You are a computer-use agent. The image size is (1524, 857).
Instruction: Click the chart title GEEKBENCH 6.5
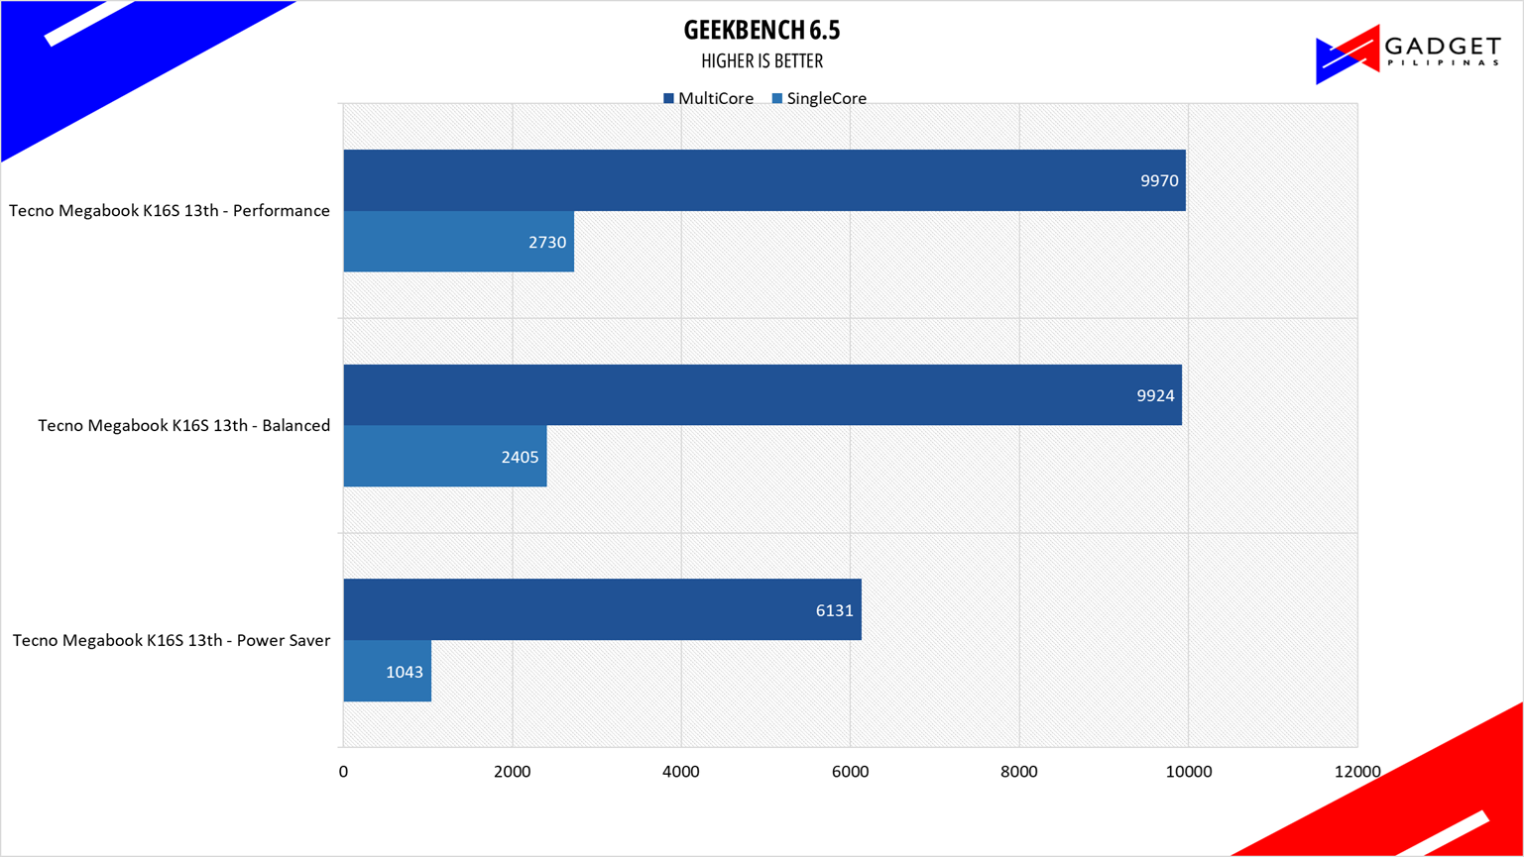click(762, 30)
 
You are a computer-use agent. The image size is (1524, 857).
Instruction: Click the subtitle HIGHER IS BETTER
click(762, 61)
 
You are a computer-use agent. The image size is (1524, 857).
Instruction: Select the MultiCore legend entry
click(708, 99)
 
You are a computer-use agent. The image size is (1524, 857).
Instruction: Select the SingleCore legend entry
click(819, 99)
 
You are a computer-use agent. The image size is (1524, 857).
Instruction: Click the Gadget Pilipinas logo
click(1407, 54)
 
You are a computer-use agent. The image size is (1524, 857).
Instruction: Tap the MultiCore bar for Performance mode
click(763, 180)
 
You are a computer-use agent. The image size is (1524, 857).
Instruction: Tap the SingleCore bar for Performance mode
click(458, 242)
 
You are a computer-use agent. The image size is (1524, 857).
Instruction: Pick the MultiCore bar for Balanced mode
click(762, 395)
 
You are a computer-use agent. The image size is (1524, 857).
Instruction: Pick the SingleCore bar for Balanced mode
click(444, 457)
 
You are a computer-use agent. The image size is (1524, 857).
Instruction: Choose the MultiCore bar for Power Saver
click(602, 610)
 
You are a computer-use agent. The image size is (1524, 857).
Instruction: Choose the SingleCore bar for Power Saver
click(387, 672)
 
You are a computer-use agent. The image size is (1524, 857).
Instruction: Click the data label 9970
click(1159, 181)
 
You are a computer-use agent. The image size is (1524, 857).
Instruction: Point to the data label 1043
click(405, 673)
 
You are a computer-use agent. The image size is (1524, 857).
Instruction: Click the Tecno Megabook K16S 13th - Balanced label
click(183, 426)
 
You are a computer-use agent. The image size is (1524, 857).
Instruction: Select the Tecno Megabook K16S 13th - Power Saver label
click(171, 641)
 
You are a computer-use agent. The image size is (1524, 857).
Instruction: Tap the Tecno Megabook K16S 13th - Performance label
click(170, 211)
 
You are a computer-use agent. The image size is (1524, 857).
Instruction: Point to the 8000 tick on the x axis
click(1018, 772)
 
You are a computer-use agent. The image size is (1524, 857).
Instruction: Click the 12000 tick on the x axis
click(1356, 772)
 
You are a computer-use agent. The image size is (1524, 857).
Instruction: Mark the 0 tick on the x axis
click(343, 772)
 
